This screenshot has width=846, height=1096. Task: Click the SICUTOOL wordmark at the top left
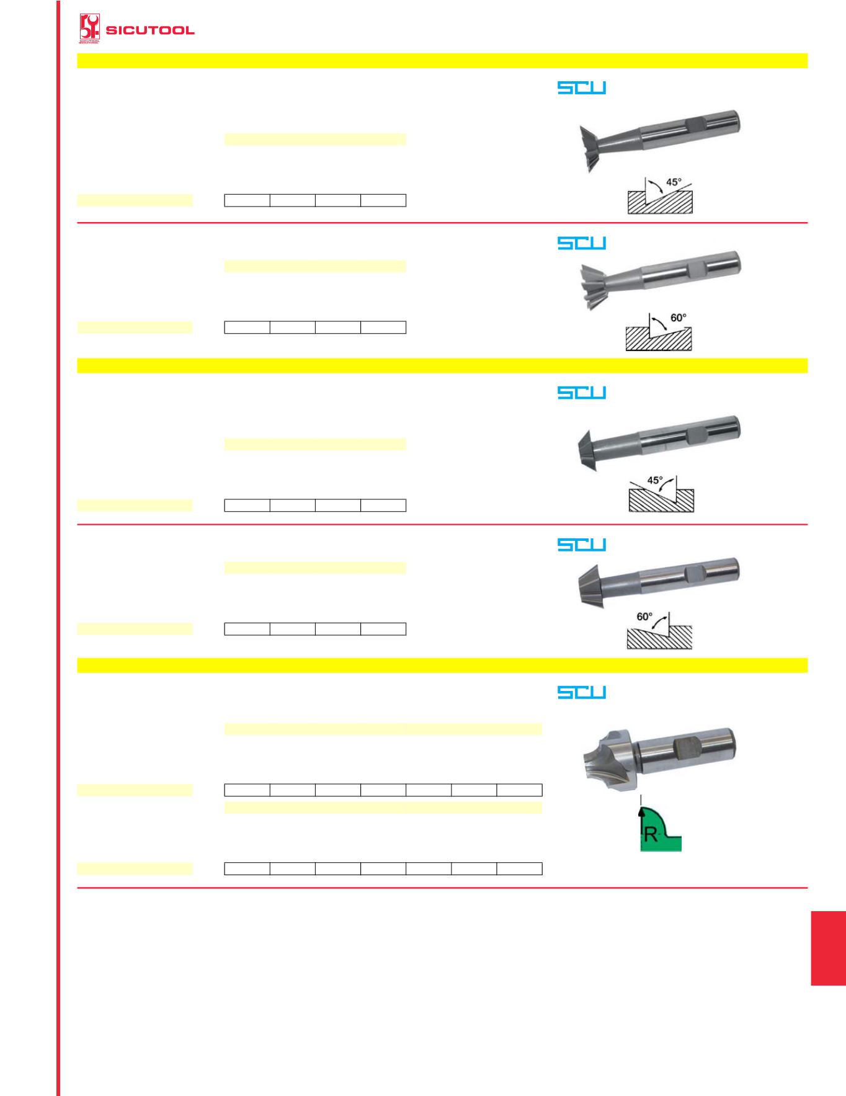tap(150, 30)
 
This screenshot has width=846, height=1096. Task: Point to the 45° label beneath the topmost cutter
tap(674, 182)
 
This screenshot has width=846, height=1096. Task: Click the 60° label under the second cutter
tap(679, 318)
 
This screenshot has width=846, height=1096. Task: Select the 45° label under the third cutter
tap(655, 480)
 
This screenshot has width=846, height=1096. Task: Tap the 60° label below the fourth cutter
tap(644, 617)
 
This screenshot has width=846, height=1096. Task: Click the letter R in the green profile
tap(651, 835)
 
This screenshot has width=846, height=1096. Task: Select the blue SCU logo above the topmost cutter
tap(581, 88)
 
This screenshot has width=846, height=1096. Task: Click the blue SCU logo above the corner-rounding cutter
tap(581, 692)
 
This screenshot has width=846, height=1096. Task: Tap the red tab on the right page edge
tap(828, 948)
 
